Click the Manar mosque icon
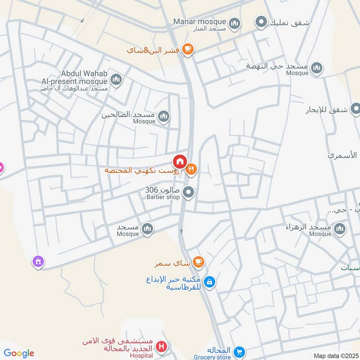tap(234, 23)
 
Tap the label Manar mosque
tap(200, 22)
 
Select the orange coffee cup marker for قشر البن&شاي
tap(188, 49)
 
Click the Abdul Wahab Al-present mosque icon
tap(117, 80)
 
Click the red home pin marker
tap(180, 161)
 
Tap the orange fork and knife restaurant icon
tap(192, 169)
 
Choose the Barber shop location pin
tap(189, 193)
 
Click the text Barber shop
tap(163, 197)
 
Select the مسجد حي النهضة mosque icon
tap(317, 68)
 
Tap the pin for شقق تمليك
tap(261, 21)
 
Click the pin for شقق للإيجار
tap(355, 108)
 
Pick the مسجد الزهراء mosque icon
tap(340, 229)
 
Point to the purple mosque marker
tap(38, 261)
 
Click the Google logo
tap(19, 353)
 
